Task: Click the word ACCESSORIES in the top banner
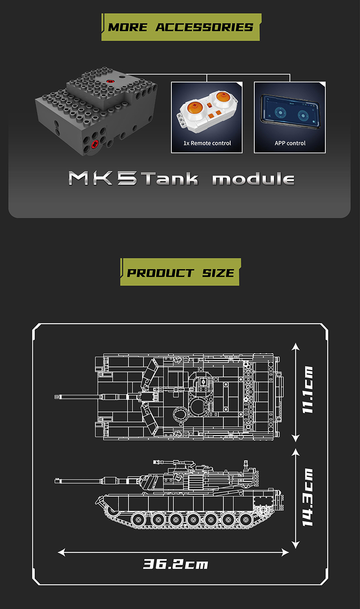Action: tap(204, 27)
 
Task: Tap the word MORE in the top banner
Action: tap(128, 27)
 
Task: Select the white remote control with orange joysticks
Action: tap(207, 112)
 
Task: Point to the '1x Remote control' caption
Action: tap(207, 143)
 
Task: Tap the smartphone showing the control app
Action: tap(290, 112)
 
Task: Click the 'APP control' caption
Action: tap(290, 143)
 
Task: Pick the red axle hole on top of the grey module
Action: tap(110, 81)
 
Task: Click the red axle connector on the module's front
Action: tap(95, 144)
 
